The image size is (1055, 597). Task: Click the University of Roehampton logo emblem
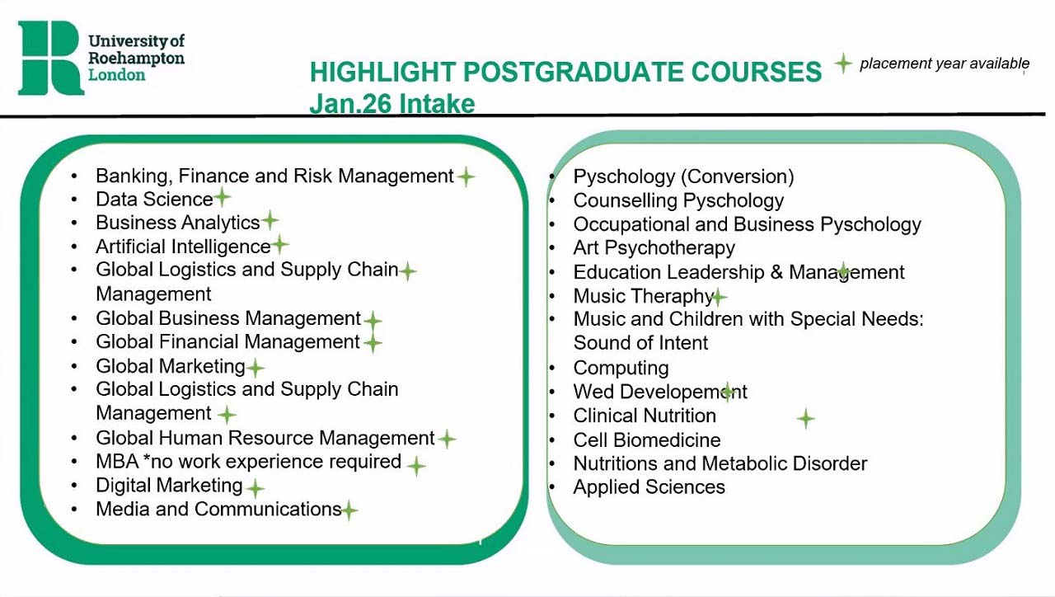(x=50, y=58)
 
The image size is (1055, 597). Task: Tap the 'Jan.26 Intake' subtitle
(x=392, y=104)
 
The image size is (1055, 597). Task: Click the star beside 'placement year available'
(x=842, y=63)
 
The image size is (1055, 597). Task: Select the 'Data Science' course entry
(x=154, y=200)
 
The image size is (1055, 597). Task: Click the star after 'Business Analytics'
(x=270, y=221)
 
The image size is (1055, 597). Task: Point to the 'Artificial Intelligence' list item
(x=183, y=247)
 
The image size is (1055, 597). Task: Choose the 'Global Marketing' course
(x=171, y=366)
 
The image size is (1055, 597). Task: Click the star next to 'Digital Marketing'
(x=256, y=488)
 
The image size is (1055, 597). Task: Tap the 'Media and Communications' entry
(x=218, y=510)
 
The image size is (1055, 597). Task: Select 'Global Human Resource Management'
(x=265, y=438)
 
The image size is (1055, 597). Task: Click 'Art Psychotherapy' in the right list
(x=654, y=248)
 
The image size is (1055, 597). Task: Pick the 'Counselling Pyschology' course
(x=678, y=200)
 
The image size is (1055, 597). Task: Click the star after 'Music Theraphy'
(x=719, y=297)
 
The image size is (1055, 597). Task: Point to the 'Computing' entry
(x=621, y=368)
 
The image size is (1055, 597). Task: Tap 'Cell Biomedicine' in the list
(x=646, y=440)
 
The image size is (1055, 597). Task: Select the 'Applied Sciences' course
(x=649, y=487)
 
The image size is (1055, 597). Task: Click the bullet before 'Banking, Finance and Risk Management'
(x=75, y=176)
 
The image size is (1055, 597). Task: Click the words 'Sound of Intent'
(x=640, y=343)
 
